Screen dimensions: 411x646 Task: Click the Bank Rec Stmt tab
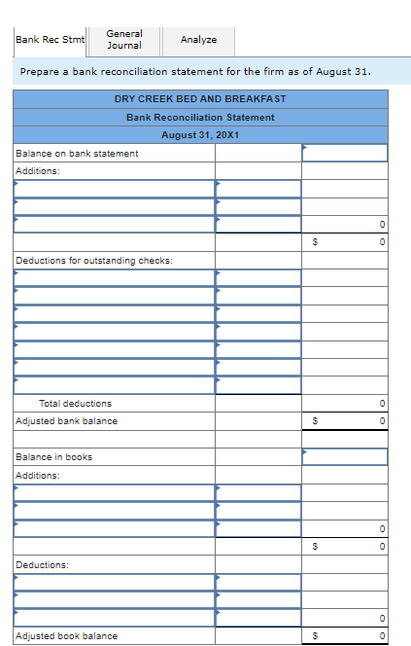pos(50,40)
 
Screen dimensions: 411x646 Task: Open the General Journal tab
pos(123,39)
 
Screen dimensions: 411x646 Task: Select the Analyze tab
pos(198,40)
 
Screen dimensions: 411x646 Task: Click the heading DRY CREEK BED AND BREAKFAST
pos(200,99)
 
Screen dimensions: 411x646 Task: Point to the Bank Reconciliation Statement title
pos(200,117)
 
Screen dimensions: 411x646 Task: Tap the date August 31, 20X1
pos(200,134)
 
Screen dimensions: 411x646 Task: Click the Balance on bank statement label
pos(78,153)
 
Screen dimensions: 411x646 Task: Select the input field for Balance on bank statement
pos(345,153)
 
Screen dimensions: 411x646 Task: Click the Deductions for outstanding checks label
pos(94,260)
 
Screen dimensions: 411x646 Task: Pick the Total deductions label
pos(75,403)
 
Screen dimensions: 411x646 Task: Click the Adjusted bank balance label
pos(67,421)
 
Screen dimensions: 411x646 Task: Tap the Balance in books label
pos(54,456)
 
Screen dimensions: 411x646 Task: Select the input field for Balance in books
pos(345,456)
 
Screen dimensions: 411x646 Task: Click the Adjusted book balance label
pos(67,636)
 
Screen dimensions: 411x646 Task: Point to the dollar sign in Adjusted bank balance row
pos(314,421)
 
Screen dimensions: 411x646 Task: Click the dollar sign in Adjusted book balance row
pos(314,636)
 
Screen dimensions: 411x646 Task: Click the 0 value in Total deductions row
pos(383,403)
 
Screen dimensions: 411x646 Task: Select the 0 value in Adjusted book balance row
pos(383,636)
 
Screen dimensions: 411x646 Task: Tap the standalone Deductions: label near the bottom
pos(42,564)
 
